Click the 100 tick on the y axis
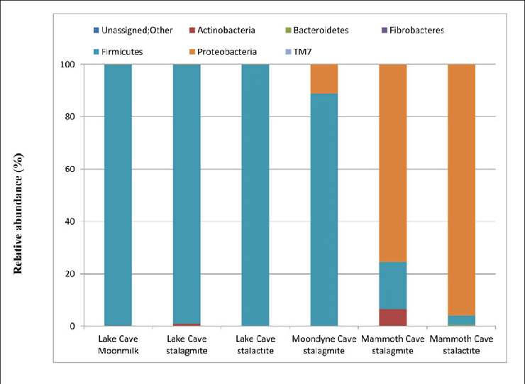[x=68, y=65]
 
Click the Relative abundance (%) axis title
[x=19, y=194]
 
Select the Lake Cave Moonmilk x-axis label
[x=118, y=344]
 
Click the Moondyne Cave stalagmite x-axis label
[x=324, y=344]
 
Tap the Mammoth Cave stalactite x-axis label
[x=461, y=344]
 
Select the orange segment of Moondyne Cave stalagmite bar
[x=324, y=78]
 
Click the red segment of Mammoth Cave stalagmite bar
[x=392, y=317]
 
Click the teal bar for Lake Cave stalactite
[x=255, y=195]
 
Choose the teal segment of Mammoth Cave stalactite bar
[x=461, y=320]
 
